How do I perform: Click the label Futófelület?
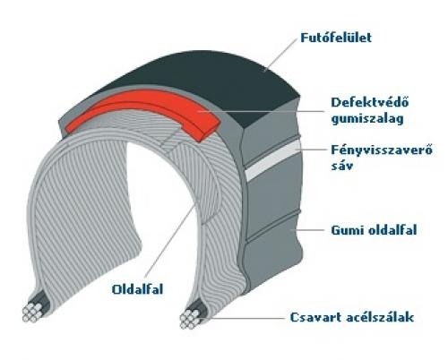coord(336,38)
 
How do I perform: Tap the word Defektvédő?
coord(370,102)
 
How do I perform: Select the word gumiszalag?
coord(367,119)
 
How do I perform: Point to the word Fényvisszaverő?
coord(382,150)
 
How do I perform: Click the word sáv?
coord(341,166)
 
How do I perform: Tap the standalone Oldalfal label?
coord(137,289)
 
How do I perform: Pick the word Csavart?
coord(315,317)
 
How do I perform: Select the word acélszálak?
coord(380,317)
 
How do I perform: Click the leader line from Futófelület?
coord(280,55)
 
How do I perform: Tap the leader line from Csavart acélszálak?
coord(243,318)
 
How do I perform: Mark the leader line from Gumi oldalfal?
coord(309,230)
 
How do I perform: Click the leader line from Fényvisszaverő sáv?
coord(311,150)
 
